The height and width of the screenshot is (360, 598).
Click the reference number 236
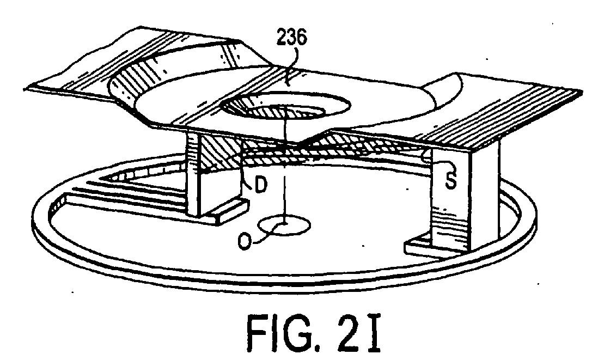pos(291,38)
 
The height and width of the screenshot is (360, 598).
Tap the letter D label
pos(261,185)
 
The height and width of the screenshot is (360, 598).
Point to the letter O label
pos(245,241)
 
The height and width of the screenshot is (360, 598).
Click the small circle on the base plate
pos(284,225)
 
